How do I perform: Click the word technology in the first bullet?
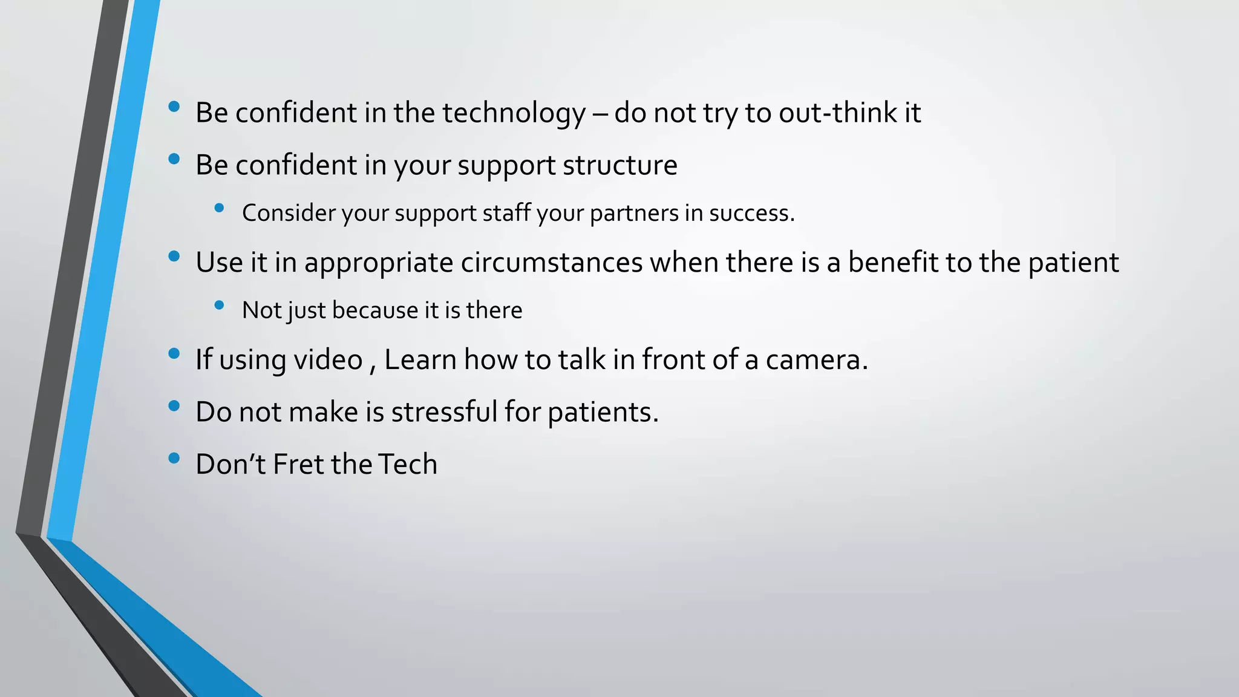pyautogui.click(x=514, y=114)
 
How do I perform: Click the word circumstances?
pyautogui.click(x=551, y=263)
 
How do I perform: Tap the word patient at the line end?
pyautogui.click(x=1073, y=263)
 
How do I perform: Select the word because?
pyautogui.click(x=375, y=310)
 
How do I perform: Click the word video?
pyautogui.click(x=327, y=360)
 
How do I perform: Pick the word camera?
pyautogui.click(x=816, y=360)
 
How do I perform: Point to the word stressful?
pyautogui.click(x=444, y=412)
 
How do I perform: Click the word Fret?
pyautogui.click(x=298, y=465)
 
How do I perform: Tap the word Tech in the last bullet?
pyautogui.click(x=407, y=465)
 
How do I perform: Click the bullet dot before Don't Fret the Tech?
pyautogui.click(x=174, y=458)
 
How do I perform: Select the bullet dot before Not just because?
pyautogui.click(x=219, y=305)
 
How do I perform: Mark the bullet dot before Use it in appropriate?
pyautogui.click(x=174, y=256)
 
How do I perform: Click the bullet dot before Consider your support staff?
pyautogui.click(x=219, y=208)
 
